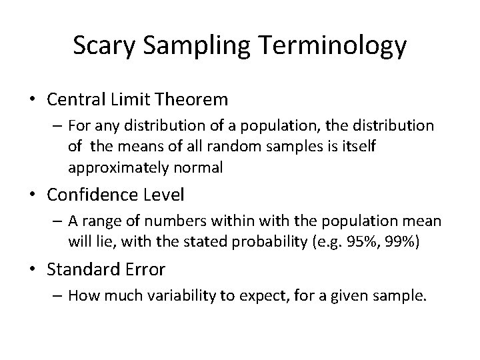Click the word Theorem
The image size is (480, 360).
pos(195,100)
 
